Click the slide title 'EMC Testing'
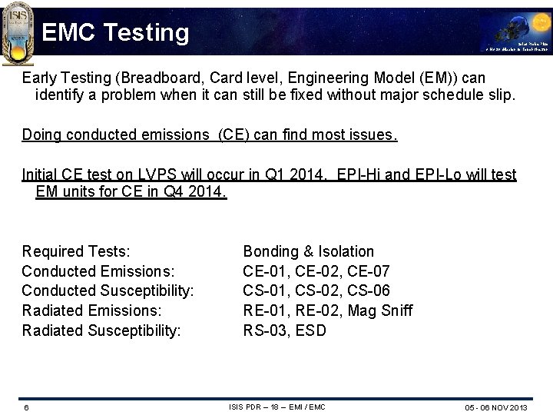click(115, 32)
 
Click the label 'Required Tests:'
click(76, 251)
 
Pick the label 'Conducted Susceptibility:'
click(108, 291)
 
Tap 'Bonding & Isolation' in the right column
click(308, 251)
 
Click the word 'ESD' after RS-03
click(310, 330)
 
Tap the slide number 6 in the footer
click(25, 407)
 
